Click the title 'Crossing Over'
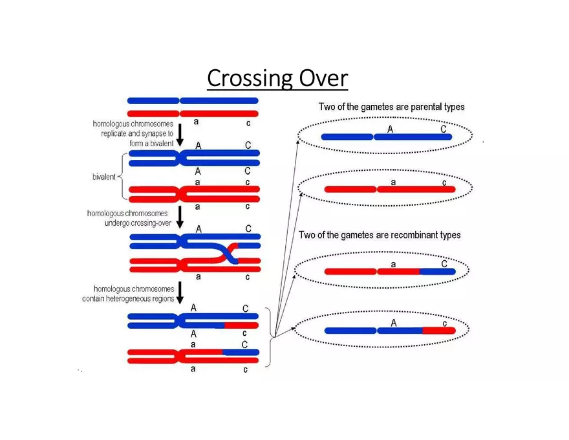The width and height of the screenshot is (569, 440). click(x=277, y=78)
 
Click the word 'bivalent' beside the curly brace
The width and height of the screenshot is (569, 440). click(x=103, y=177)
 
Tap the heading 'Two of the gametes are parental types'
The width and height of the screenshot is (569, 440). click(x=391, y=107)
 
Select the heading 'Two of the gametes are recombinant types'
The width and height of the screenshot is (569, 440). click(x=380, y=235)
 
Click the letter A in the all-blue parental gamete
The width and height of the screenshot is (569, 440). click(x=390, y=129)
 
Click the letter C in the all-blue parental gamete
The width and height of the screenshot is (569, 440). click(x=444, y=129)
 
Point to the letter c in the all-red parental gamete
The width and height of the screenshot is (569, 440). click(x=444, y=183)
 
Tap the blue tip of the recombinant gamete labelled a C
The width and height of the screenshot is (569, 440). click(x=438, y=271)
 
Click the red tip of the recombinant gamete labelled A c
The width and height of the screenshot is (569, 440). click(x=439, y=330)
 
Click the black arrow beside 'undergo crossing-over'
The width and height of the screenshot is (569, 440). click(x=180, y=217)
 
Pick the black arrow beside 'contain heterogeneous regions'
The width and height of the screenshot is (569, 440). click(x=180, y=292)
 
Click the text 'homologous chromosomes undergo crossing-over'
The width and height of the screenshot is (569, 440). click(x=128, y=218)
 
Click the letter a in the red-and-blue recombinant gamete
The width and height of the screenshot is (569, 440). click(x=393, y=265)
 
